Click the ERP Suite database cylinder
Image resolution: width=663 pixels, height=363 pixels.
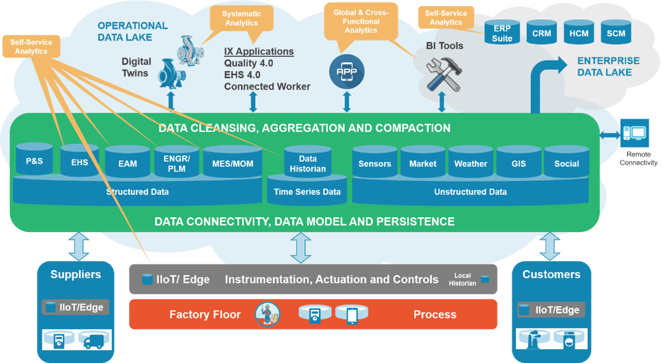point(502,33)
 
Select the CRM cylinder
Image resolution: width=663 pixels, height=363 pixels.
point(541,33)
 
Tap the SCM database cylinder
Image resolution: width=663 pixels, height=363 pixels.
point(616,33)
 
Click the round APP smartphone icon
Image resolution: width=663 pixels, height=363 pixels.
point(346,70)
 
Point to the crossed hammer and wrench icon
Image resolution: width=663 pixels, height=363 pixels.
point(442,75)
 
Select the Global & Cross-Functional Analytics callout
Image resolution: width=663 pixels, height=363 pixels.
point(361,22)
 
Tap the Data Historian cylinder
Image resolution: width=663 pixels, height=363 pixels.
point(308,162)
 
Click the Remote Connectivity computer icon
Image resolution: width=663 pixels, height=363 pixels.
point(635,134)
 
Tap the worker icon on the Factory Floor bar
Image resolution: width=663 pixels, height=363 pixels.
point(267,314)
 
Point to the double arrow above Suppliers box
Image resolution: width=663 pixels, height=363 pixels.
point(78,246)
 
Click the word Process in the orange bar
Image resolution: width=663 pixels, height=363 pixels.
point(434,315)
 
